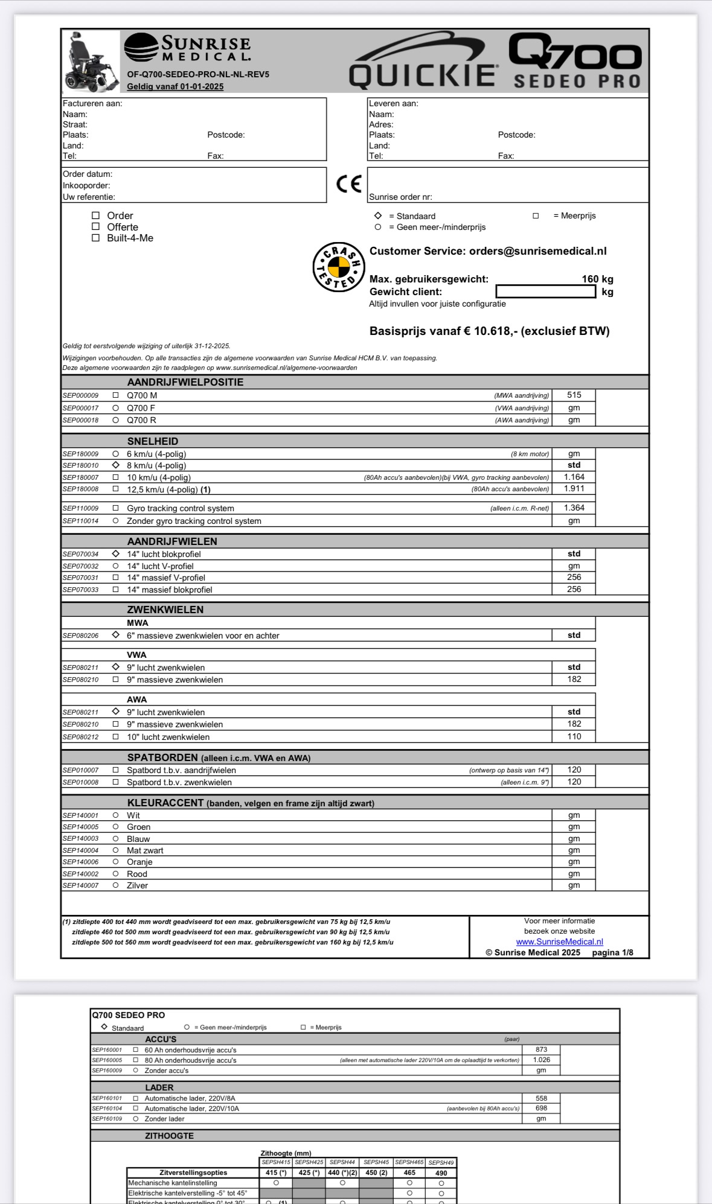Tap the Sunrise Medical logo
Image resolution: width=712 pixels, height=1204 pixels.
pos(188,48)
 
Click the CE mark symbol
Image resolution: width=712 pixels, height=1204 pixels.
pos(349,183)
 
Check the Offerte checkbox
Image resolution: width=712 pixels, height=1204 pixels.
pos(95,227)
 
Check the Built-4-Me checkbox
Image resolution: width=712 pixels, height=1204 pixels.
pos(95,238)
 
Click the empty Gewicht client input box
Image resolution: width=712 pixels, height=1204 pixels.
pos(545,291)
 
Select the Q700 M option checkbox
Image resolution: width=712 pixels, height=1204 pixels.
pos(115,395)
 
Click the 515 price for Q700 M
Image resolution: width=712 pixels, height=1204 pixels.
pos(574,395)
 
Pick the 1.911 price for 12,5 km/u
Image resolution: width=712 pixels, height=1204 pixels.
pos(574,489)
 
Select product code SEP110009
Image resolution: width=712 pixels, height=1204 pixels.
pos(80,509)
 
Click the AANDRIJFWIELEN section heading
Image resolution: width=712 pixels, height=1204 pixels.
pos(172,541)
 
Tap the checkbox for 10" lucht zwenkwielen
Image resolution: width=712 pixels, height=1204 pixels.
pos(115,737)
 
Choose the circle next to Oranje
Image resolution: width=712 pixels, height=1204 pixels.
pos(115,862)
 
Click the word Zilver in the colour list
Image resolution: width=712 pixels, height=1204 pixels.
pos(137,885)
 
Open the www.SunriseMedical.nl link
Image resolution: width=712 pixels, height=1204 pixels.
pos(559,941)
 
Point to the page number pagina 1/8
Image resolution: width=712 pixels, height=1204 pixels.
pos(612,952)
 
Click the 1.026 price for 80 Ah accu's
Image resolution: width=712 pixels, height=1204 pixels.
pos(541,1060)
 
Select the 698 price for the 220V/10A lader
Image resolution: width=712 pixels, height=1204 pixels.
pos(541,1108)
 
